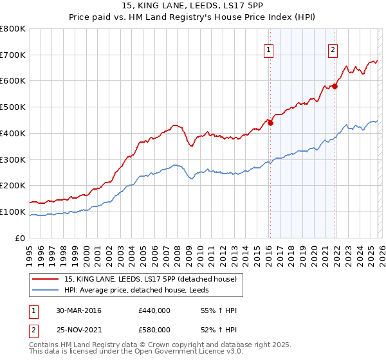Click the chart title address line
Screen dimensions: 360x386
point(192,7)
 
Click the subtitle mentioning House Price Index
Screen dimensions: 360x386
point(192,18)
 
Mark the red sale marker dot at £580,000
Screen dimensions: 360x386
point(335,86)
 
